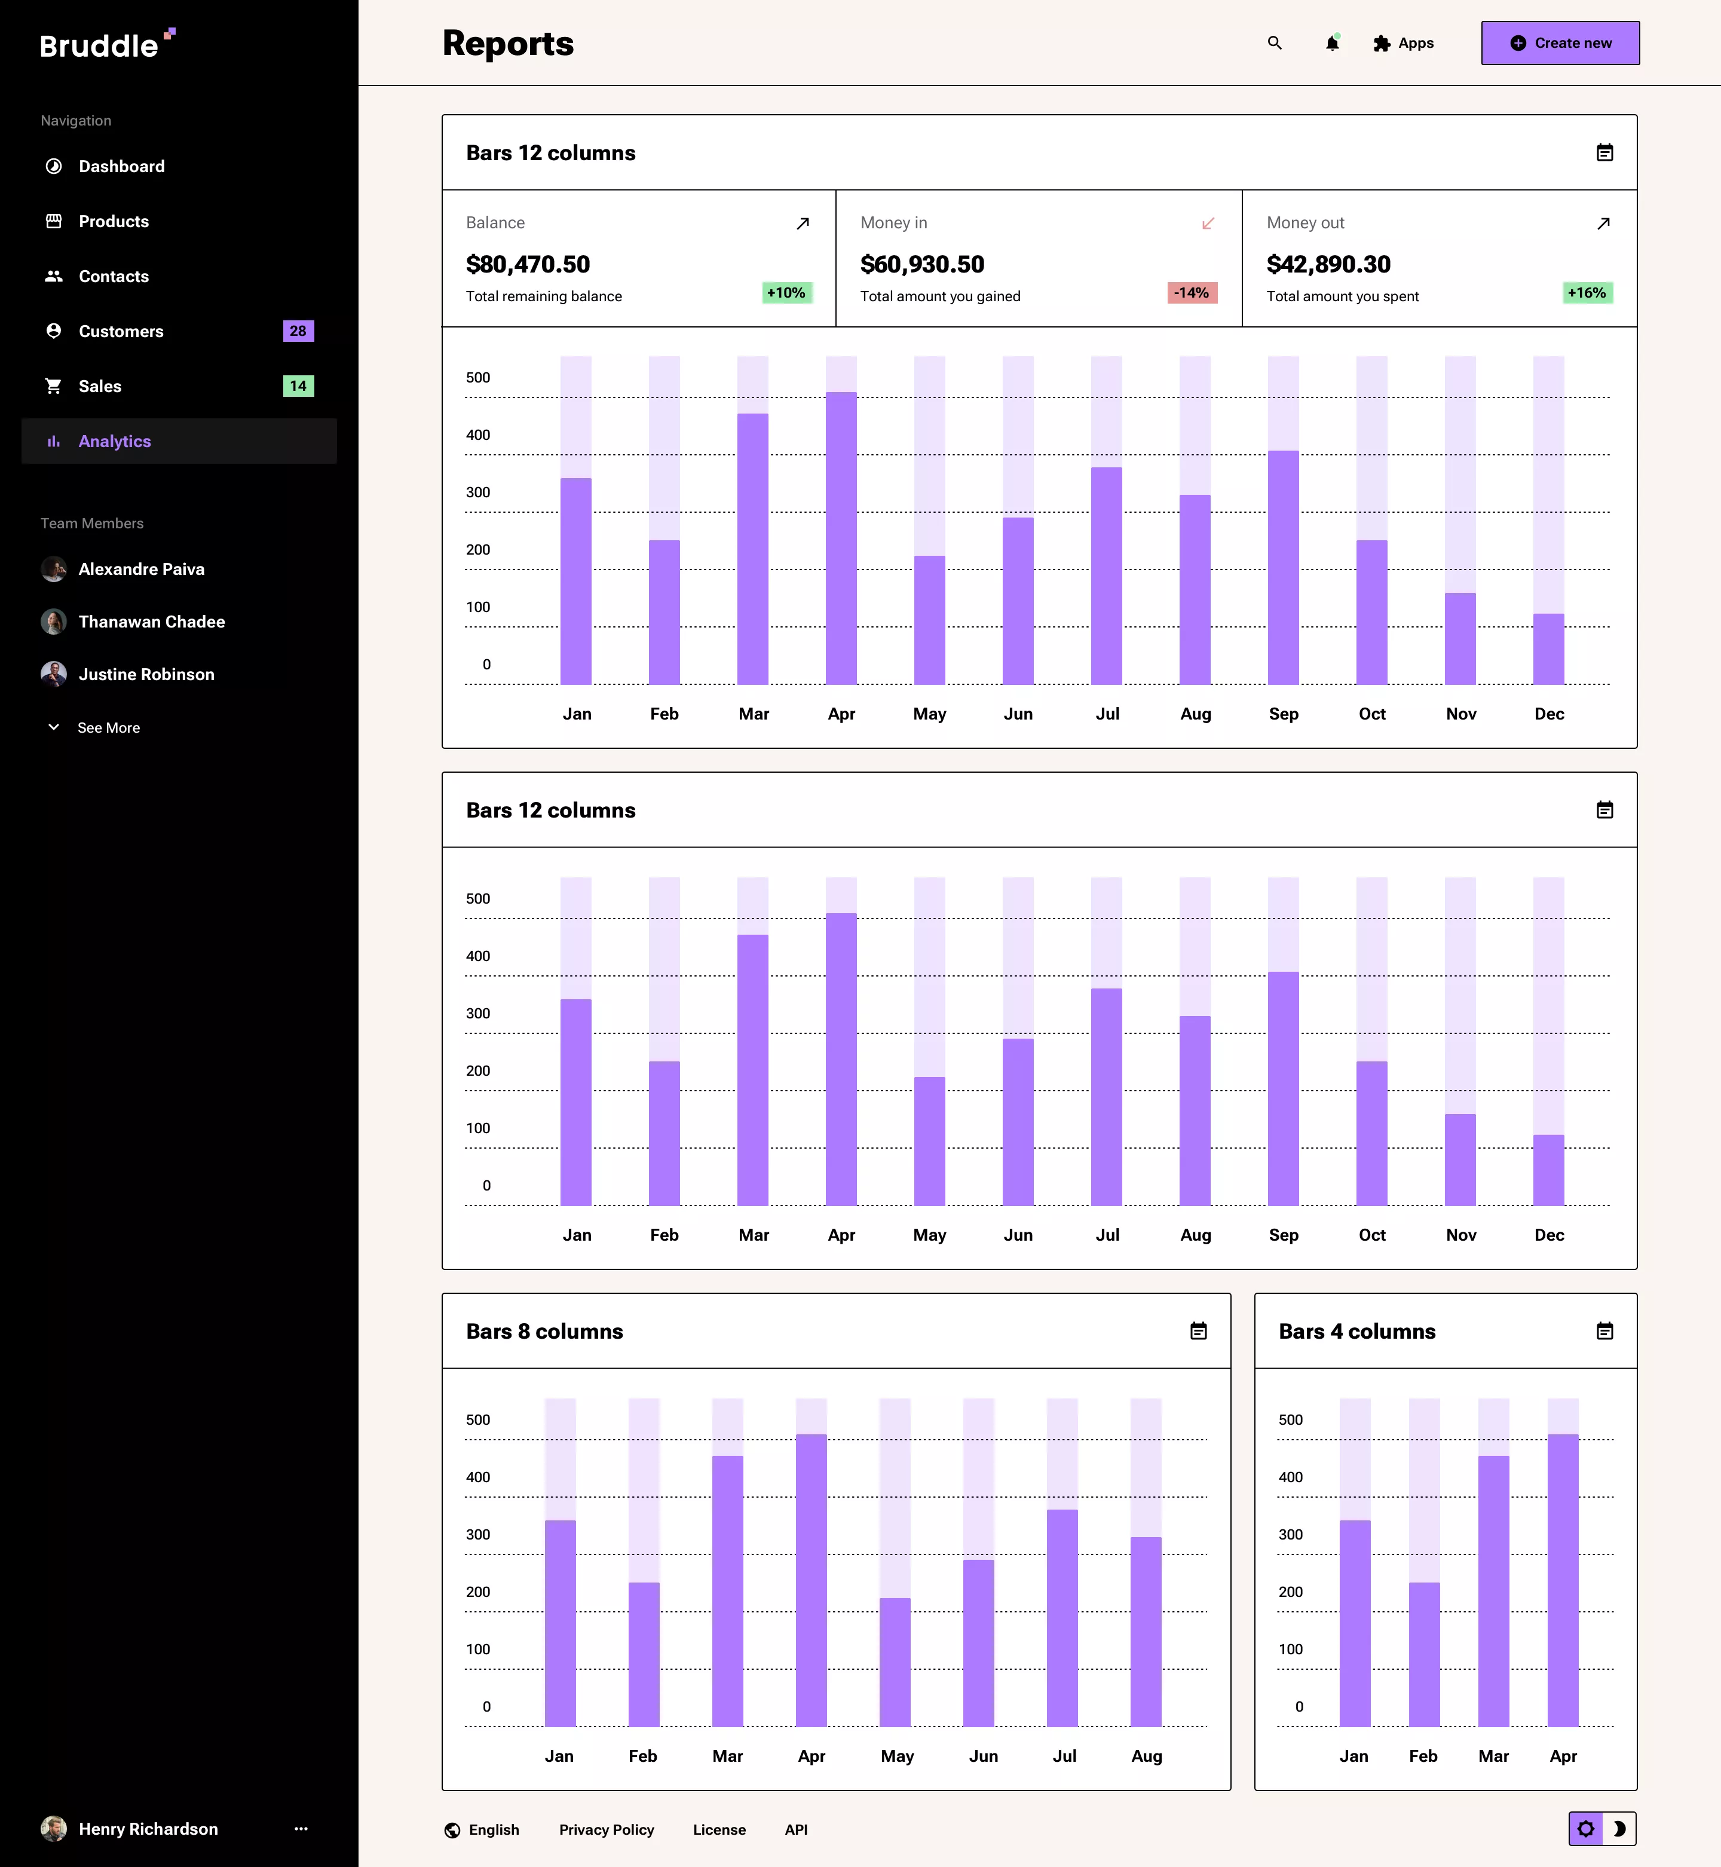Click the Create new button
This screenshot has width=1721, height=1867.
point(1560,43)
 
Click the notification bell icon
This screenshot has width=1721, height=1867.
point(1332,44)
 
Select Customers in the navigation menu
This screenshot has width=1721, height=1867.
point(121,332)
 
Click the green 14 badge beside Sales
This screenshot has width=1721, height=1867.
point(298,387)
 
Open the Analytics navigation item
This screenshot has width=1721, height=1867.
point(115,442)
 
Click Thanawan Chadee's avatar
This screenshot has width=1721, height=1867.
point(54,622)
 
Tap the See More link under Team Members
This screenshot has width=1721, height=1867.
point(108,728)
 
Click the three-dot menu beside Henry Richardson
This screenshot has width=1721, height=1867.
point(301,1829)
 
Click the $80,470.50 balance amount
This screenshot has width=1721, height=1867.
point(528,265)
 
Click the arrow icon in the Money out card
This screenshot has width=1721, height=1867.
point(1603,224)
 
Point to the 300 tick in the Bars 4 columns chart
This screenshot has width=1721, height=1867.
point(1291,1535)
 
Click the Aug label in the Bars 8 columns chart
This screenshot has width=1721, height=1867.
point(1146,1756)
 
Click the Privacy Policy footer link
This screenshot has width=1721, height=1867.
point(607,1830)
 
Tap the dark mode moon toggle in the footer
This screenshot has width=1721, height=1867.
point(1619,1829)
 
